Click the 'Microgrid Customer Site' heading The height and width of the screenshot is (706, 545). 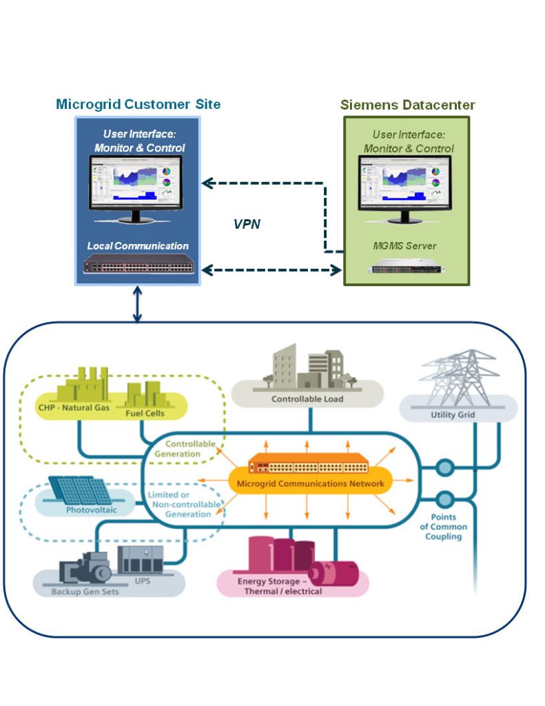pos(138,105)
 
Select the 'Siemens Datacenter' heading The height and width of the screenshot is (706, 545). pos(407,105)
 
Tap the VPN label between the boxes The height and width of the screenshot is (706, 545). pos(247,224)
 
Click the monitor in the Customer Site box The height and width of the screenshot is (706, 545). pos(135,188)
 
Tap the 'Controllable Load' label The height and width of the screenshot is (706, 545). pos(307,399)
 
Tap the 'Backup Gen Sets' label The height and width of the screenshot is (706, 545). pos(80,591)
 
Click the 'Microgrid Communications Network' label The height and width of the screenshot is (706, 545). pos(310,483)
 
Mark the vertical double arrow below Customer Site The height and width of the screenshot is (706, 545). pos(137,304)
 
